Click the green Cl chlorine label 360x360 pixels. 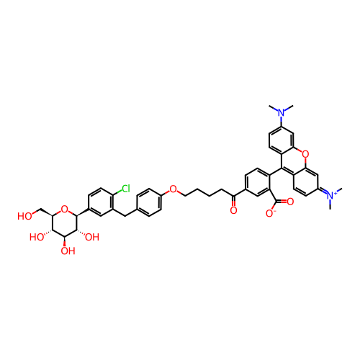coord(125,189)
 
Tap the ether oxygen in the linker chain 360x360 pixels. coord(173,189)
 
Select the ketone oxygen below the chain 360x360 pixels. coord(233,210)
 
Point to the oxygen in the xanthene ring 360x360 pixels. coord(305,153)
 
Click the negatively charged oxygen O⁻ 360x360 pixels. coord(271,213)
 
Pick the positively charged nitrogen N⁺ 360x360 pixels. coord(331,195)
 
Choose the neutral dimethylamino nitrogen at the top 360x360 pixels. coord(282,112)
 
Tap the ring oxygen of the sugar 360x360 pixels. coord(64,209)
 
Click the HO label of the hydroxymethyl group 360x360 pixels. coord(24,216)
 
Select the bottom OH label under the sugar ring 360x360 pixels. coord(68,251)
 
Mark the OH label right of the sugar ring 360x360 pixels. coord(92,237)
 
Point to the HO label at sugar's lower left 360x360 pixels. coord(37,237)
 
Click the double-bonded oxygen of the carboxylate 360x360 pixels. coord(290,202)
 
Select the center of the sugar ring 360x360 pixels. coord(64,223)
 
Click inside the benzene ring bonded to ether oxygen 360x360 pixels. coord(149,202)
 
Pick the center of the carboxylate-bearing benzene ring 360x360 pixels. coord(257,182)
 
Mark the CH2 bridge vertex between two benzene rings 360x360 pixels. coord(125,216)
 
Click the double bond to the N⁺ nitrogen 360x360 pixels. coord(323,191)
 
